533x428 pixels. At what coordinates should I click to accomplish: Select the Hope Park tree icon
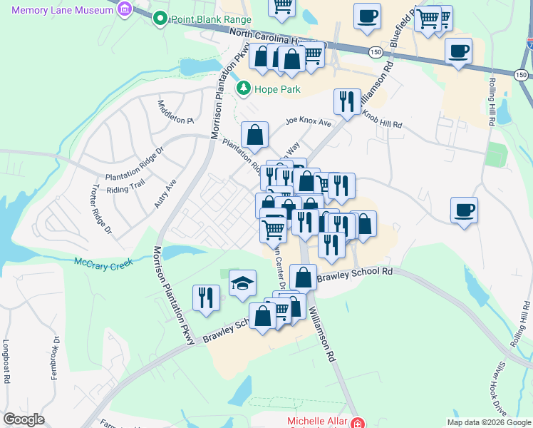click(x=244, y=88)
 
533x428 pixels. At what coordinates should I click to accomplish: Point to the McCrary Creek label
click(x=103, y=263)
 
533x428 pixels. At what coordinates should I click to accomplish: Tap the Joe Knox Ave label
click(x=309, y=123)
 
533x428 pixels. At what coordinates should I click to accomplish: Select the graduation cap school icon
click(x=242, y=283)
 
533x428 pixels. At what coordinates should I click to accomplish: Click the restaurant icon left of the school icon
click(x=207, y=297)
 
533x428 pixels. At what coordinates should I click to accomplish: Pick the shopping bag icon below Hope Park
click(x=254, y=134)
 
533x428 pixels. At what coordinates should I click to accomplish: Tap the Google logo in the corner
click(x=24, y=419)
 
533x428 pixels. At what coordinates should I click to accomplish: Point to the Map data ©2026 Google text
click(x=488, y=422)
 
